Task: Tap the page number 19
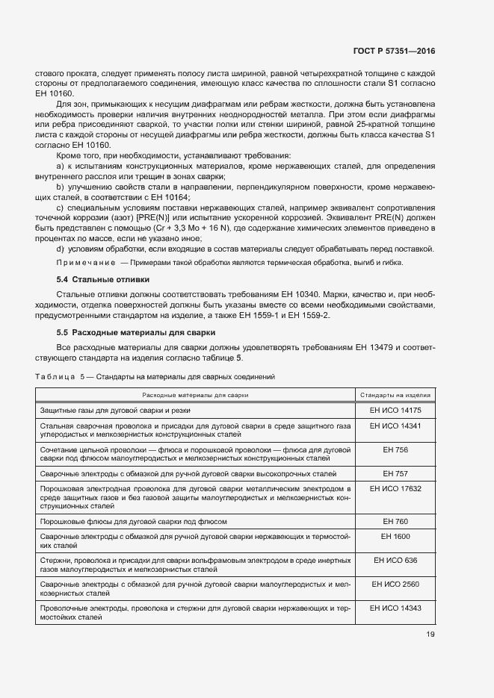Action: [x=430, y=635]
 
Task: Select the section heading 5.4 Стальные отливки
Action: [x=104, y=279]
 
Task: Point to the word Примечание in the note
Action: [x=85, y=263]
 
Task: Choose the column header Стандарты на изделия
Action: [x=396, y=393]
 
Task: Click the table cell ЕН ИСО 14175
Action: [x=396, y=410]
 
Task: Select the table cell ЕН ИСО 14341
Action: [x=396, y=425]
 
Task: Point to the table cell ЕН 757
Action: [x=396, y=473]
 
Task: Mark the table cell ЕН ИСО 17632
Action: [x=396, y=488]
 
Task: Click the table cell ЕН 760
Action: [x=396, y=521]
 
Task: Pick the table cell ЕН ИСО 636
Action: [x=396, y=560]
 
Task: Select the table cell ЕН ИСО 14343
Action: [x=396, y=608]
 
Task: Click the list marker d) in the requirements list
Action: [x=61, y=248]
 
